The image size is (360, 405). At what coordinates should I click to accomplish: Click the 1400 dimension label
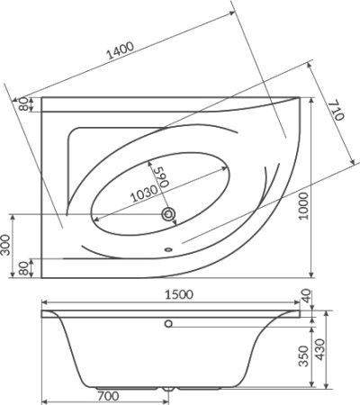click(120, 50)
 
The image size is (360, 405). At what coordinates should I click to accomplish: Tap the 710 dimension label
click(337, 111)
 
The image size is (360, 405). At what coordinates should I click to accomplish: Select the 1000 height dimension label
click(303, 206)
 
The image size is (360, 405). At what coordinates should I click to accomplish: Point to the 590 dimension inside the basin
click(161, 176)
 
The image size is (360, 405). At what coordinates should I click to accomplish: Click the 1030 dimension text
click(144, 193)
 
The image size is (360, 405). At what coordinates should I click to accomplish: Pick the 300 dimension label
click(5, 245)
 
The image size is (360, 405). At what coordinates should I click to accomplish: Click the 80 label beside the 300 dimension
click(23, 268)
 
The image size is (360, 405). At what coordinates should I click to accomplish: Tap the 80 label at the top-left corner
click(23, 104)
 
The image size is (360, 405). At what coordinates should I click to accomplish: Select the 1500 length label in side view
click(179, 294)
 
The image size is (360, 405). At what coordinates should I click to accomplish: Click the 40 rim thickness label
click(306, 296)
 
